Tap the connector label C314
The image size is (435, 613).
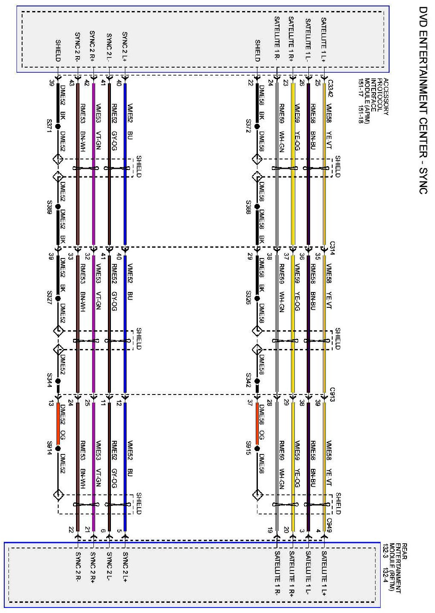pos(332,247)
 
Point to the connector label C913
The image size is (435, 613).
pos(332,392)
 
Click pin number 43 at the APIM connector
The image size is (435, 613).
pos(71,84)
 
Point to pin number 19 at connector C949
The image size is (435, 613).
pos(270,530)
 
